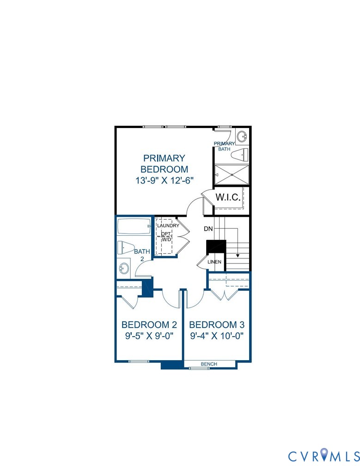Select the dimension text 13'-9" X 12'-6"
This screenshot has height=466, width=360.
[x=164, y=181]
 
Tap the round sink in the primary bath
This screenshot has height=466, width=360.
[x=242, y=136]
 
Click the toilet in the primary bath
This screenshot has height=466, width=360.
[x=239, y=154]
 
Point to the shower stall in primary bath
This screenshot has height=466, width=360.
[x=231, y=175]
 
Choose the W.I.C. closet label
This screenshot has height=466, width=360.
[x=228, y=197]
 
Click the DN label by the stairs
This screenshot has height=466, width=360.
[x=208, y=229]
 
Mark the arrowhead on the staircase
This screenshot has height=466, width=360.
[x=238, y=255]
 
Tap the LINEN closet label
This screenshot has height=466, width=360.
[x=214, y=262]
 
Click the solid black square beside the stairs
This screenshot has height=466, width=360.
[x=216, y=246]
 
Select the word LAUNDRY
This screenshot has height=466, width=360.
[x=168, y=226]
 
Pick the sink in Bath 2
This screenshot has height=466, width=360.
[x=124, y=268]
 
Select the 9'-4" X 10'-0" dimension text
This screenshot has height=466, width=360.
[x=217, y=336]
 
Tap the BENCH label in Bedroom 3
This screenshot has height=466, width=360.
[x=209, y=364]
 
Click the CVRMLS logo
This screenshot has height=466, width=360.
[x=322, y=456]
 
